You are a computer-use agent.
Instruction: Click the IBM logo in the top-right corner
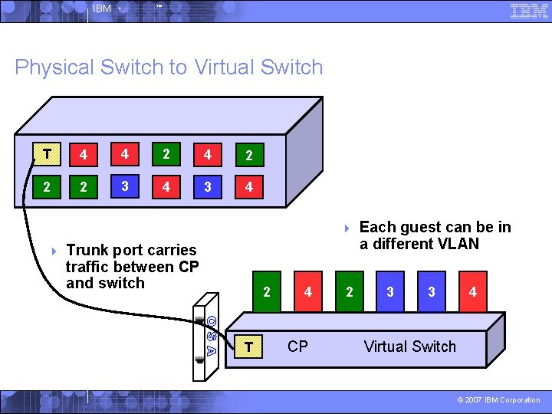tap(529, 10)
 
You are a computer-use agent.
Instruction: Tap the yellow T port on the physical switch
tap(48, 153)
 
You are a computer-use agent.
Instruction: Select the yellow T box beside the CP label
tap(248, 347)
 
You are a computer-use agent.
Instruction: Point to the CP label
tap(297, 347)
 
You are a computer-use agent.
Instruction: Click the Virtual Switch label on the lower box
tap(409, 347)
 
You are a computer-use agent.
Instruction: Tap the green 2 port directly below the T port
tap(48, 187)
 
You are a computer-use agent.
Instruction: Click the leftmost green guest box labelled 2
tap(266, 291)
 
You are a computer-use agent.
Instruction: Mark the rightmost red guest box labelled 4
tap(472, 291)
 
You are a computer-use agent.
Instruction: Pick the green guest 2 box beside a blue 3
tap(350, 291)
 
